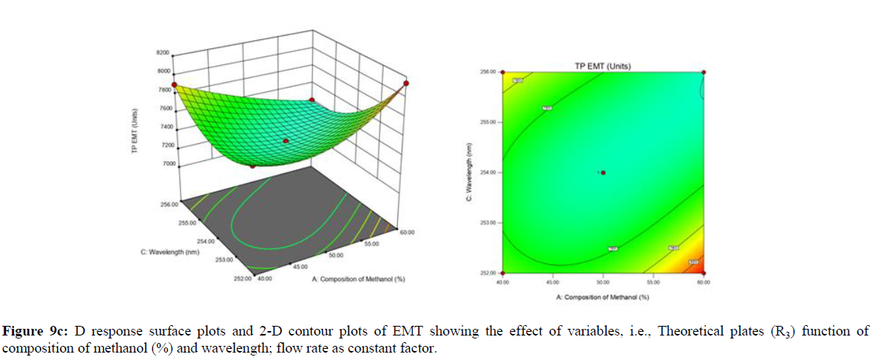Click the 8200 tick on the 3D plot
click(x=162, y=53)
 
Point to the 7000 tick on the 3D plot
click(x=162, y=163)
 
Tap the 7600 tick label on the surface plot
click(x=162, y=108)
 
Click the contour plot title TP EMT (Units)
click(x=602, y=66)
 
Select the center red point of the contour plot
click(x=603, y=172)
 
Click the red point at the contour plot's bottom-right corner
click(x=703, y=272)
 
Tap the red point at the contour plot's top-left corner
click(x=503, y=72)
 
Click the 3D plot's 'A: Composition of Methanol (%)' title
click(x=357, y=280)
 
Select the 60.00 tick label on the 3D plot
click(x=405, y=232)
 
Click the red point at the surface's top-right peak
click(x=405, y=82)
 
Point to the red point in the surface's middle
click(x=285, y=140)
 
